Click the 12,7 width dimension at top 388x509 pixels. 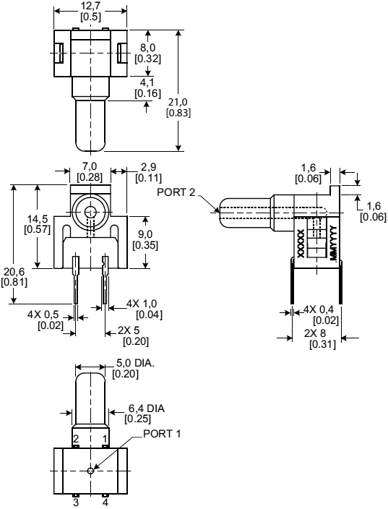click(91, 11)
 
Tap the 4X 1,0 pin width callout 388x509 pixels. click(144, 309)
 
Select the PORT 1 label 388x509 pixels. click(162, 434)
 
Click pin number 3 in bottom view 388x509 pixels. click(74, 502)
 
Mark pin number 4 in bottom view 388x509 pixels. click(105, 502)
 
